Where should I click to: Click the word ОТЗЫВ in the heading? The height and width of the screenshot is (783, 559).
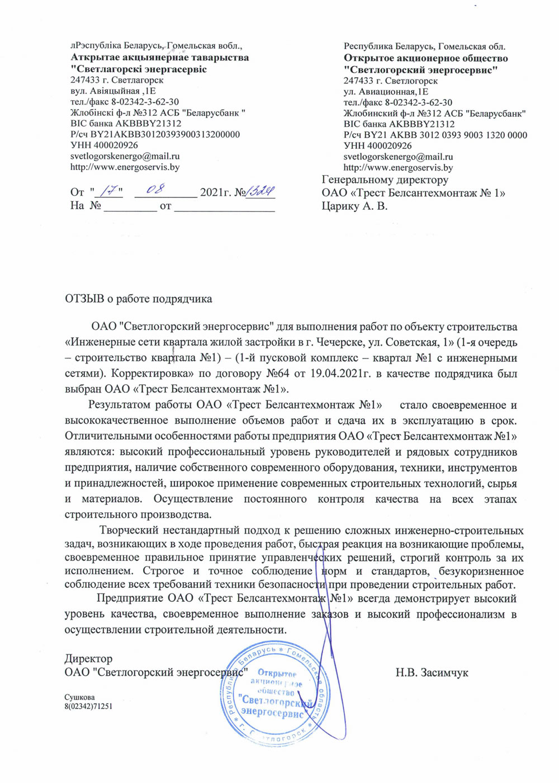pyautogui.click(x=84, y=299)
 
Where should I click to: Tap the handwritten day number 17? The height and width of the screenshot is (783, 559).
pyautogui.click(x=110, y=191)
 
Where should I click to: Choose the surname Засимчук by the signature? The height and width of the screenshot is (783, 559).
pyautogui.click(x=441, y=672)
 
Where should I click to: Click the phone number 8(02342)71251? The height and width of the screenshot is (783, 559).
pyautogui.click(x=88, y=706)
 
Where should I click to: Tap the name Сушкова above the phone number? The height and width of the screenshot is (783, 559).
pyautogui.click(x=79, y=697)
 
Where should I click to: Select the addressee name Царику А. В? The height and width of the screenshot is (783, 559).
pyautogui.click(x=354, y=206)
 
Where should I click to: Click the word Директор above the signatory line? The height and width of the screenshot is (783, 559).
pyautogui.click(x=88, y=658)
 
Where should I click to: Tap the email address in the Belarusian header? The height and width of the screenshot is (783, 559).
pyautogui.click(x=125, y=156)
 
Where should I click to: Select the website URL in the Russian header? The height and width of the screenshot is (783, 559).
pyautogui.click(x=398, y=167)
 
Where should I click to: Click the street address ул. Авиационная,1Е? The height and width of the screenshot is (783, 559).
pyautogui.click(x=386, y=92)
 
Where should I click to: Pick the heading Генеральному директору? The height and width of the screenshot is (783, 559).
pyautogui.click(x=385, y=180)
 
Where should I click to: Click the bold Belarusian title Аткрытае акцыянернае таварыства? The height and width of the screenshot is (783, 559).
pyautogui.click(x=160, y=58)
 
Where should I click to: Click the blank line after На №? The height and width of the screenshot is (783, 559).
pyautogui.click(x=131, y=206)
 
